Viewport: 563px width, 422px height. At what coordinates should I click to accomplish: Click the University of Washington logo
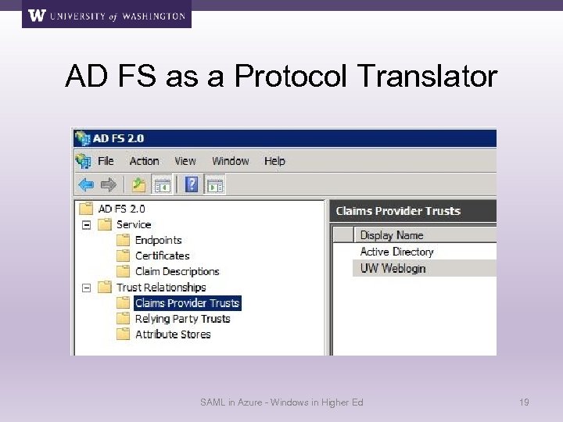pyautogui.click(x=106, y=15)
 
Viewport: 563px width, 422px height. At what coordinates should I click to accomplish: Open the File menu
pyautogui.click(x=106, y=161)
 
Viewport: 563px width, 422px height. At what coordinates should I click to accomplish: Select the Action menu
pyautogui.click(x=144, y=161)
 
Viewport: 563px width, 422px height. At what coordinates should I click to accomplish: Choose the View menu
pyautogui.click(x=185, y=161)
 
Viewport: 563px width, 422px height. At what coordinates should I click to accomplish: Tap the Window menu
pyautogui.click(x=230, y=161)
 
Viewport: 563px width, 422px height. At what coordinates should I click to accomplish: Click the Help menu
pyautogui.click(x=274, y=161)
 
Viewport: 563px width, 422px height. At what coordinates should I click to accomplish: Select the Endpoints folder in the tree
pyautogui.click(x=158, y=240)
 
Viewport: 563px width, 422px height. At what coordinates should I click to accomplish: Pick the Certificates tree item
pyautogui.click(x=162, y=256)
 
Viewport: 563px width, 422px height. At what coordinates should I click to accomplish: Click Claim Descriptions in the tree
pyautogui.click(x=177, y=271)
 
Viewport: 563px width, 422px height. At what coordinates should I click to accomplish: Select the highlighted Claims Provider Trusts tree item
pyautogui.click(x=187, y=302)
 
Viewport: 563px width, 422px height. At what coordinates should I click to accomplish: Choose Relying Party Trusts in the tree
pyautogui.click(x=182, y=318)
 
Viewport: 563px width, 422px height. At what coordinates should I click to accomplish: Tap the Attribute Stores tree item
pyautogui.click(x=173, y=334)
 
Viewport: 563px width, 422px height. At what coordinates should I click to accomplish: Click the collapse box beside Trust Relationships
pyautogui.click(x=86, y=287)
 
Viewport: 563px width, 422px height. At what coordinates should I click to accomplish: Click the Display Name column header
pyautogui.click(x=391, y=235)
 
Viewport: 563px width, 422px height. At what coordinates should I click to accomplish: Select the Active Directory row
pyautogui.click(x=396, y=252)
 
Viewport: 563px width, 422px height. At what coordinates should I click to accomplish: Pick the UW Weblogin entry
pyautogui.click(x=393, y=268)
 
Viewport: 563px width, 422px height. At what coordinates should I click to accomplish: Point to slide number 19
pyautogui.click(x=524, y=402)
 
